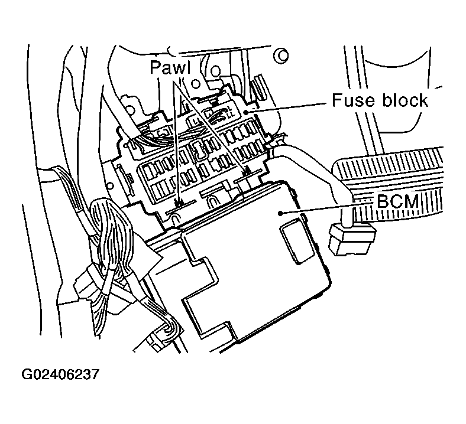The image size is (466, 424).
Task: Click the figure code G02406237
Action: tap(60, 376)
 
